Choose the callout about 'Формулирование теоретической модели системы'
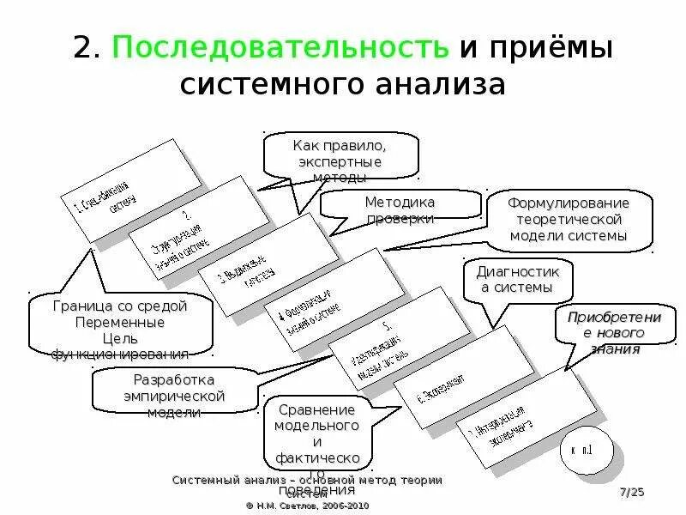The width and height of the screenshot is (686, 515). [569, 220]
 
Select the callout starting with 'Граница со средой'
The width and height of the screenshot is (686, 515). [119, 327]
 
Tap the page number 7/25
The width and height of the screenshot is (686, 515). [631, 492]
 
